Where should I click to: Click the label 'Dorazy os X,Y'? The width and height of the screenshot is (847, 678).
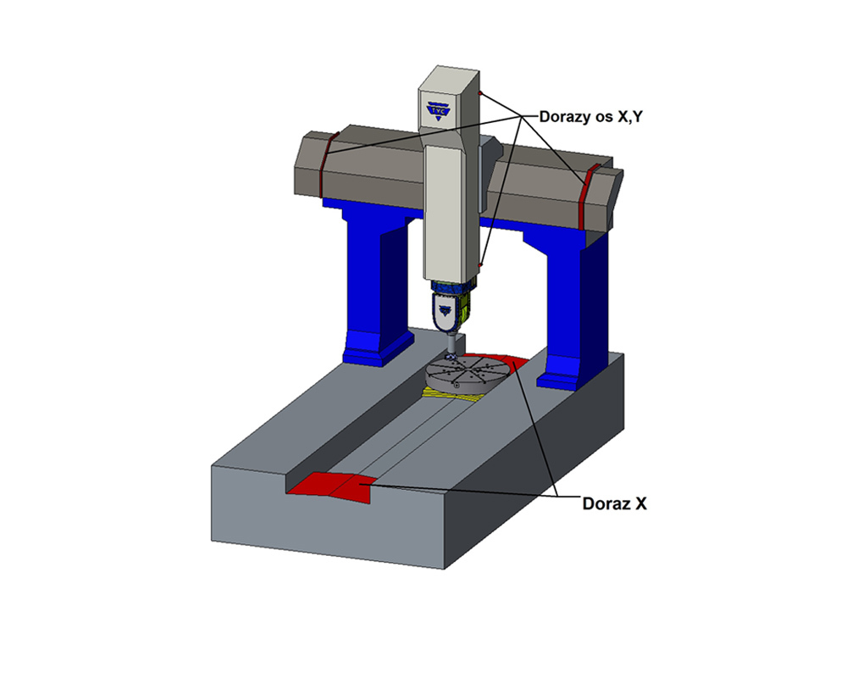[x=591, y=117]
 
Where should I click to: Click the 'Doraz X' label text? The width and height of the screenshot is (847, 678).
[x=614, y=504]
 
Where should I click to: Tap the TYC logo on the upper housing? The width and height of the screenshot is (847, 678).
[x=438, y=110]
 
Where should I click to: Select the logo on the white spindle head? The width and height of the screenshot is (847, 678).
[x=445, y=310]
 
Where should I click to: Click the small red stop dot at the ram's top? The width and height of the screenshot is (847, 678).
[x=479, y=93]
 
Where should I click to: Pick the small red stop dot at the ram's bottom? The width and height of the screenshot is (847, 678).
[x=479, y=265]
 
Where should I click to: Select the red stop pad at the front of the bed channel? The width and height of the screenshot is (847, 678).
[x=330, y=486]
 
